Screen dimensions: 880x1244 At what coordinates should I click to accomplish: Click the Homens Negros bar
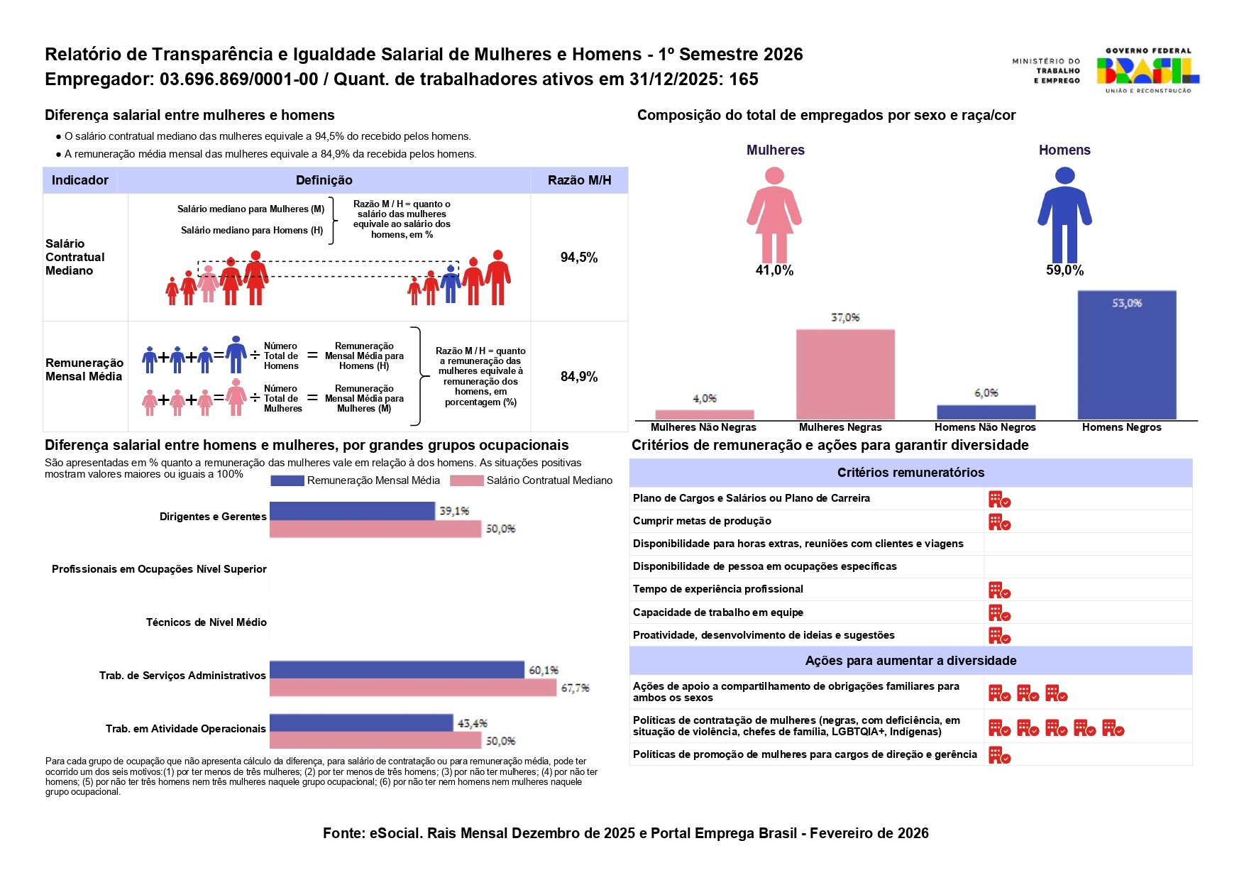coord(1126,355)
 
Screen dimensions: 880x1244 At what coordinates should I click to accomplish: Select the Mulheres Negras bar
coord(845,374)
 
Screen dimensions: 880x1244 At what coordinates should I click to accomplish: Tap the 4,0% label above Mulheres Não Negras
coord(705,399)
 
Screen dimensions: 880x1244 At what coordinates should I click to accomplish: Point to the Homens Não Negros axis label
coord(985,427)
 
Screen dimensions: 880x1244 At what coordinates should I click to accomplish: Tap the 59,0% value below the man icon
coord(1064,270)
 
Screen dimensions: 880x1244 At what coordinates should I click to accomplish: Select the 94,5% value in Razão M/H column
coord(579,258)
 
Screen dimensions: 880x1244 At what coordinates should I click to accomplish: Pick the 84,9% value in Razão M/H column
coord(579,377)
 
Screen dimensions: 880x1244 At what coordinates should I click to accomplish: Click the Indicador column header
coord(80,180)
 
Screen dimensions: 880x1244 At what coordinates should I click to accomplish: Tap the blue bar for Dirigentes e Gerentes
coord(352,511)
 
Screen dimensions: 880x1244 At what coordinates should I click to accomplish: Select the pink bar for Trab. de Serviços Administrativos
coord(412,688)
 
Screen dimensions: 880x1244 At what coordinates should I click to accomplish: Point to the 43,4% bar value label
coord(472,723)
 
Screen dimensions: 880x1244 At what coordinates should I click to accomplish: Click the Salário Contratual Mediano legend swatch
coord(467,480)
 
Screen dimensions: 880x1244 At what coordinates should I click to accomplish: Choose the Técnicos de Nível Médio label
coord(207,622)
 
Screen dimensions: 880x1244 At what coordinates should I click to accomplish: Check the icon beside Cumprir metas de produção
coord(999,522)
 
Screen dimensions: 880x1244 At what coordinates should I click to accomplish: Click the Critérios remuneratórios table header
coord(910,473)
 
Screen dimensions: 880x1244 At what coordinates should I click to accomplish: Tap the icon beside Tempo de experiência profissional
coord(999,590)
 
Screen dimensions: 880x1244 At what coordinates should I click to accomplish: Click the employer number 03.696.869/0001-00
coord(238,79)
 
